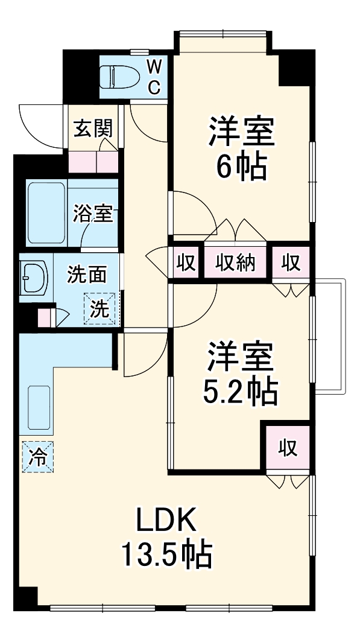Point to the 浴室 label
[93, 213]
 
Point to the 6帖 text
[241, 168]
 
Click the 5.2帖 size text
[240, 392]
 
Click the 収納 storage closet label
[236, 263]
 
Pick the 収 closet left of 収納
[185, 263]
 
